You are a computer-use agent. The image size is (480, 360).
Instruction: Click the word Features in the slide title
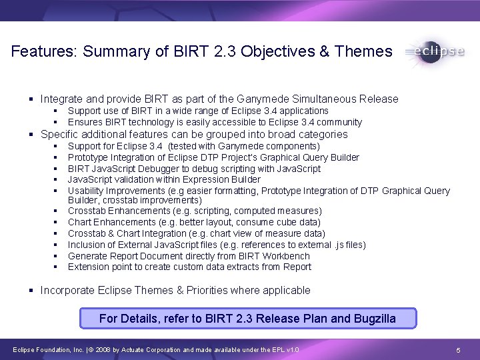42,51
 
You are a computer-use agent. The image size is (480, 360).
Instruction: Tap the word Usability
87,191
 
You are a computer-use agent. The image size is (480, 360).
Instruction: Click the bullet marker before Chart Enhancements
54,222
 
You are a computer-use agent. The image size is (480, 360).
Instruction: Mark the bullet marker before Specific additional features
31,134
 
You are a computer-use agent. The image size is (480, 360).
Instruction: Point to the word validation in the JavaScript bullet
133,179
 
